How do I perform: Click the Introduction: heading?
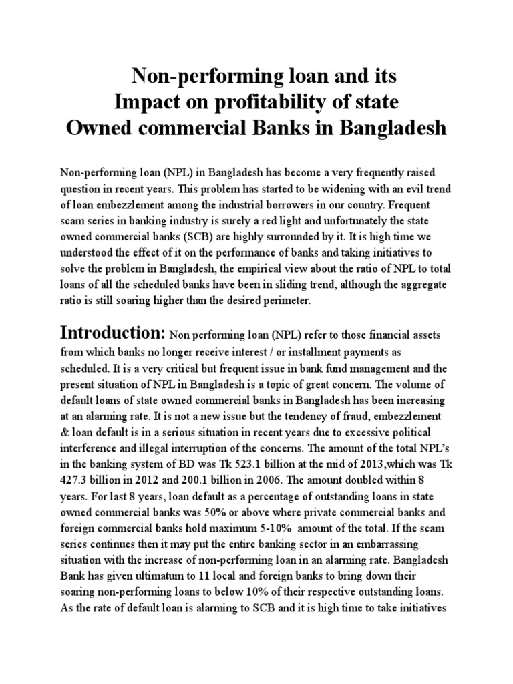(x=113, y=333)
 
